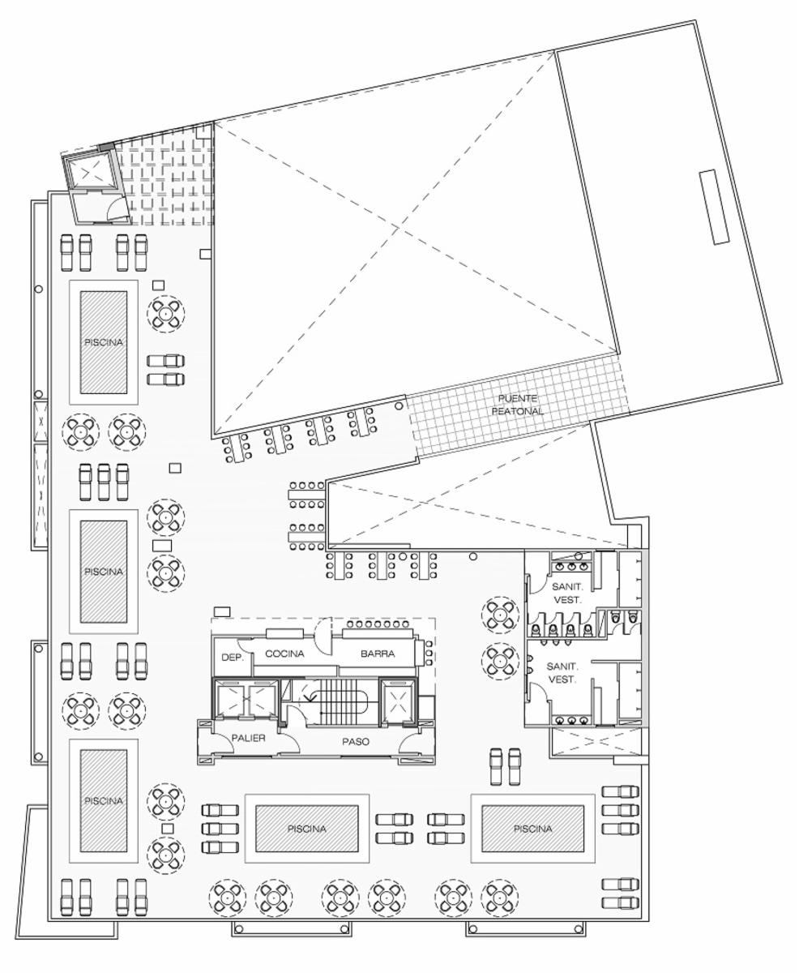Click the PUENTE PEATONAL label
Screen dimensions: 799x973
(x=518, y=404)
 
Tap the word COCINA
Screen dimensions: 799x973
(x=284, y=654)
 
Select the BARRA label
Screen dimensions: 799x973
(x=378, y=654)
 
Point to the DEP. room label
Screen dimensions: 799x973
(x=233, y=658)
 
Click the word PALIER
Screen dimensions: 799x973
(x=249, y=738)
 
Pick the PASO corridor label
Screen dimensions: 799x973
(x=356, y=742)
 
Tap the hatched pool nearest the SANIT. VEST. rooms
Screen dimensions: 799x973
(x=532, y=829)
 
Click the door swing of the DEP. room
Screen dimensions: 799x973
(x=245, y=645)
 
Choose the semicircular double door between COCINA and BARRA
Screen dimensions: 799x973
(x=323, y=637)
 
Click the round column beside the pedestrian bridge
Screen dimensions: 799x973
(x=399, y=406)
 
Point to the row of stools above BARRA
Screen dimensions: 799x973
(x=378, y=624)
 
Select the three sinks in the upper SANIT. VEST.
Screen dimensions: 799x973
(x=572, y=566)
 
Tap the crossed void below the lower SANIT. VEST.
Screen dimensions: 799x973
(x=596, y=742)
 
